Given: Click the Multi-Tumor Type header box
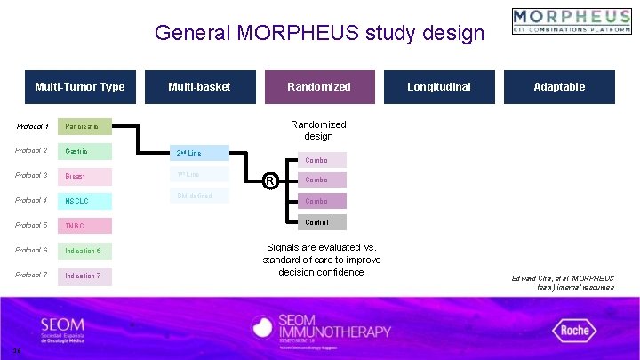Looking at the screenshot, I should [x=80, y=87].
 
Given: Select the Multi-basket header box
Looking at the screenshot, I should [x=199, y=87].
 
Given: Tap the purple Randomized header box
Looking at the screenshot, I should [x=319, y=87].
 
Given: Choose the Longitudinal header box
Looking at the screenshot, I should [x=439, y=87].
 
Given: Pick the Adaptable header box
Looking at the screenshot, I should [x=559, y=87].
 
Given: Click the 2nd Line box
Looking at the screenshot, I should [x=199, y=153].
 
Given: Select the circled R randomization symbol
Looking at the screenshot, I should [x=269, y=181].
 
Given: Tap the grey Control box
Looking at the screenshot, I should [x=316, y=222].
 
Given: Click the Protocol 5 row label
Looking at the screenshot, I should [x=31, y=225].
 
